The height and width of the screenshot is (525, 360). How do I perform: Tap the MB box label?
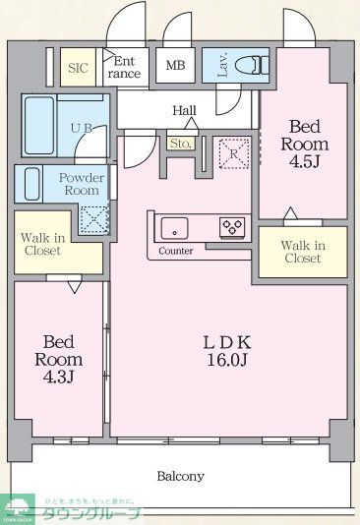tap(175, 67)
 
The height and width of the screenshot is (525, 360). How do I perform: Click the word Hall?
tap(184, 110)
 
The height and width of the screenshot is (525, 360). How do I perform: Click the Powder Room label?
tap(82, 184)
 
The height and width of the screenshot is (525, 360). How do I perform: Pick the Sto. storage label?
tap(180, 145)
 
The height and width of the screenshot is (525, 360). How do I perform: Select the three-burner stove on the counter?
tap(231, 227)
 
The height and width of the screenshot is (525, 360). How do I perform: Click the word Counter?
tap(175, 252)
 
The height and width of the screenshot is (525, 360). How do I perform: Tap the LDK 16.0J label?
tap(228, 352)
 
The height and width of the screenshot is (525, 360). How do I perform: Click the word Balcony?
tap(181, 476)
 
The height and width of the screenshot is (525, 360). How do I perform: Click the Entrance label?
tap(123, 67)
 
